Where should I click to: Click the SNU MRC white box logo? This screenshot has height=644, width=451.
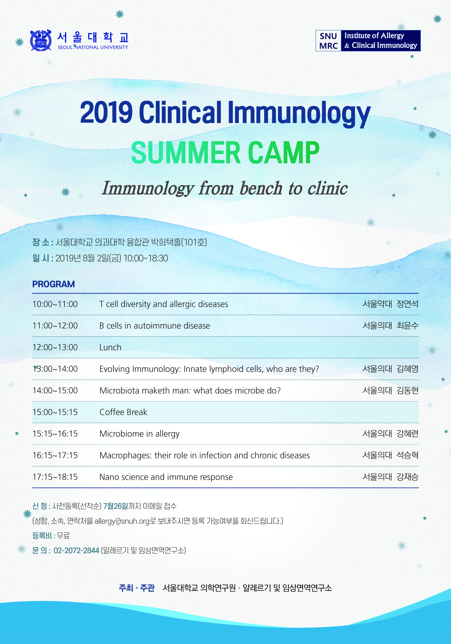click(x=328, y=41)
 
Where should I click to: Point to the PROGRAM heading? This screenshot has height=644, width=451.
click(x=54, y=284)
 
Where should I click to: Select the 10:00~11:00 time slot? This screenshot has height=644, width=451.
click(x=55, y=304)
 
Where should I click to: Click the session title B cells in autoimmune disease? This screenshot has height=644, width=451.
click(x=155, y=326)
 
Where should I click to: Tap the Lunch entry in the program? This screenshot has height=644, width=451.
click(x=110, y=347)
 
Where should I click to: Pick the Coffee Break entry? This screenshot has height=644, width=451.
click(x=123, y=412)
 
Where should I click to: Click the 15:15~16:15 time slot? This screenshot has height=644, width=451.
click(x=55, y=434)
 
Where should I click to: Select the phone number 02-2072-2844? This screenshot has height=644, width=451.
click(x=76, y=551)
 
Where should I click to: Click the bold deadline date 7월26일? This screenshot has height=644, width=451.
click(x=116, y=506)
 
